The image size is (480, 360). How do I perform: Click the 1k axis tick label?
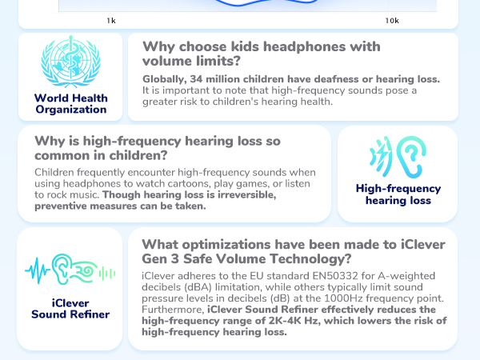pos(110,20)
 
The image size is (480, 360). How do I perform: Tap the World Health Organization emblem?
pos(70,62)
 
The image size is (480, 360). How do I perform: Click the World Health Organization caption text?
pos(70,104)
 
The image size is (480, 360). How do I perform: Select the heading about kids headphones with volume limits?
pos(261,54)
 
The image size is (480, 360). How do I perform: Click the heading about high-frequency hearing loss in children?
pos(157,148)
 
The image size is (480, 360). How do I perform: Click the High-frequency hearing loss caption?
pos(398,194)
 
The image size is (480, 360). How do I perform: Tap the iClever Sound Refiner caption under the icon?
pos(70,309)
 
